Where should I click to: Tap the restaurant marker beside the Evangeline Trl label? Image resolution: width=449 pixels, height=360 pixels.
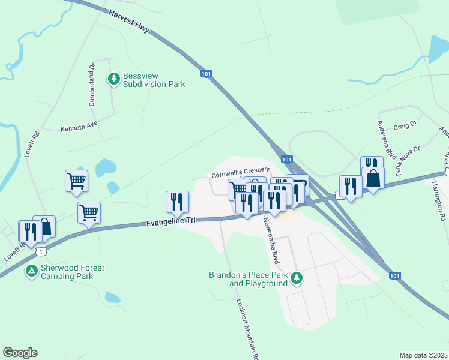tap(177, 202)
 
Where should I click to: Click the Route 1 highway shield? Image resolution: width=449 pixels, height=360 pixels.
tap(40, 250)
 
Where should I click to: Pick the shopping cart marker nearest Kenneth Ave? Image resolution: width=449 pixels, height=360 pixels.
tap(76, 179)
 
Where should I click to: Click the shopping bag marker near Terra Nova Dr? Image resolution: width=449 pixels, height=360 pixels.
tap(373, 178)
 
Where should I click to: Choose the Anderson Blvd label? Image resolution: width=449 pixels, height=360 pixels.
tap(384, 137)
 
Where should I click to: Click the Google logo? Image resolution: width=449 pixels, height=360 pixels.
tap(20, 353)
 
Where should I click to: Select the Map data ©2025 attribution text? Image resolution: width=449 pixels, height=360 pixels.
tap(423, 355)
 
